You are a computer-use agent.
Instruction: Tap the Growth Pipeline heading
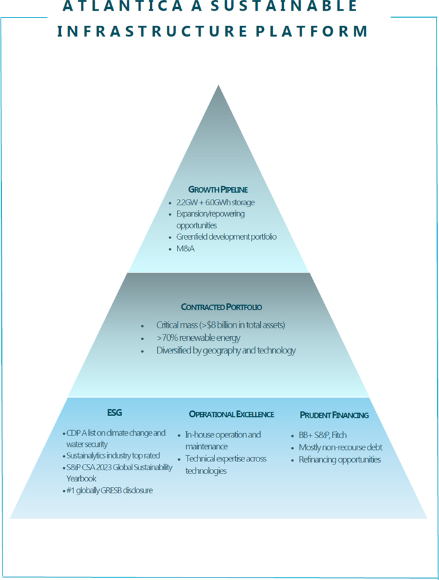[x=218, y=189]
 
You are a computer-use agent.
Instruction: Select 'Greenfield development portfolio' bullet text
[x=226, y=237]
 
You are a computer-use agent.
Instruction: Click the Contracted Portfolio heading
[x=221, y=307]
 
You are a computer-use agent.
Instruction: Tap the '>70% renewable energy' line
[x=198, y=338]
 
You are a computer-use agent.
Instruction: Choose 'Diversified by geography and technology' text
[x=226, y=351]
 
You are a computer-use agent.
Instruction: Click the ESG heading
[x=114, y=413]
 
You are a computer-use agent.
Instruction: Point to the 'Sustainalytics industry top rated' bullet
[x=114, y=456]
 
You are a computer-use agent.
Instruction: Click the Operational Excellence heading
[x=231, y=414]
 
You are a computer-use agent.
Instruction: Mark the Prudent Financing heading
[x=334, y=415]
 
